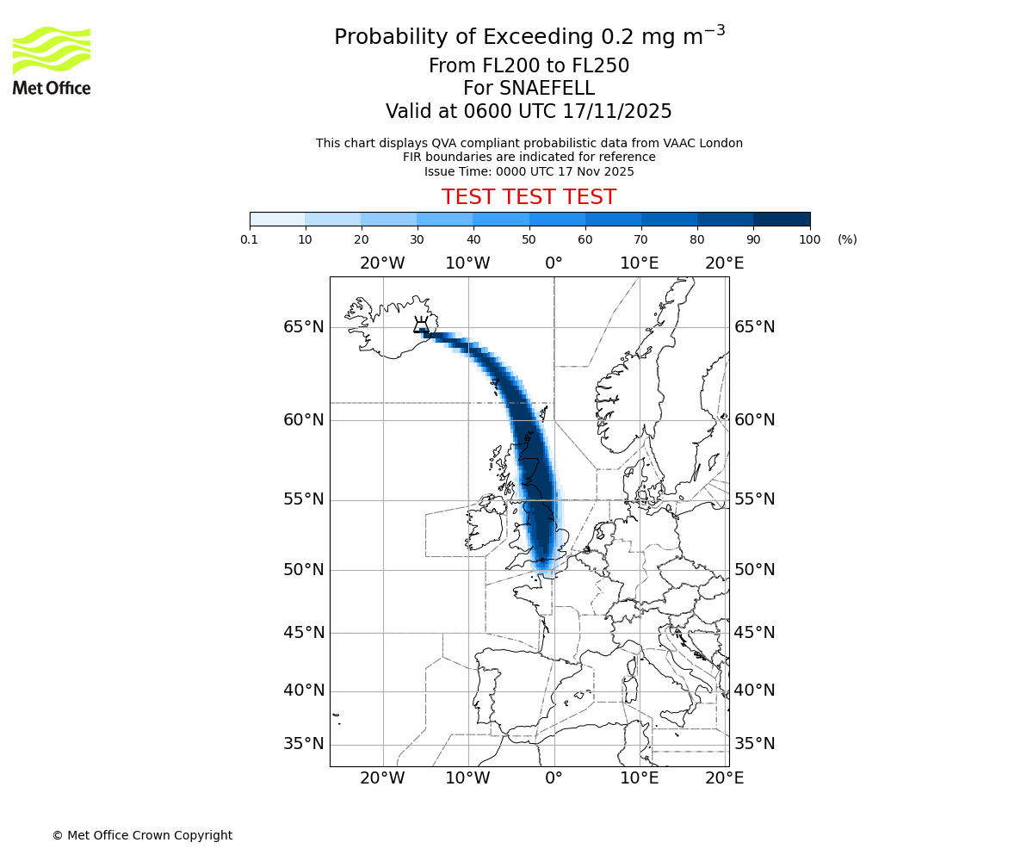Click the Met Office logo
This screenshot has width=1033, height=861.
[52, 60]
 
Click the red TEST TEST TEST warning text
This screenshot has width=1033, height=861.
[529, 197]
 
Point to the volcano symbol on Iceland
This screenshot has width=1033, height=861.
[421, 325]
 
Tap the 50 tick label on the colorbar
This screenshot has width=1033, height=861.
[529, 239]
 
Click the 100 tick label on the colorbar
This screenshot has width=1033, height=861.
[809, 239]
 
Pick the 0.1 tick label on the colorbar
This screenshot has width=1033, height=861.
[250, 239]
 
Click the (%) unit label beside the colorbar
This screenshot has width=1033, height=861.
[847, 239]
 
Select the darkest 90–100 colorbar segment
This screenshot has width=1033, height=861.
[782, 219]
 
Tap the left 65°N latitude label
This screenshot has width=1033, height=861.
[304, 327]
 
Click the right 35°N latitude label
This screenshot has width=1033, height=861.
[755, 744]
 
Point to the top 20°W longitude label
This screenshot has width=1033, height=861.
[382, 263]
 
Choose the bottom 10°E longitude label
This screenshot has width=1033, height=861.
[640, 778]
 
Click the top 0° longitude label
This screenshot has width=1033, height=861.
[554, 263]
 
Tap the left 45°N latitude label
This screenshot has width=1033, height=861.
[304, 633]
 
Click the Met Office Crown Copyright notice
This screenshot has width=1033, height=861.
[142, 835]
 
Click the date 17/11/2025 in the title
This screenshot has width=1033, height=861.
[617, 111]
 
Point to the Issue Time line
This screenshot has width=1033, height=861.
[529, 171]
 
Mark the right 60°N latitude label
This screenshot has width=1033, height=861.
[755, 420]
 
